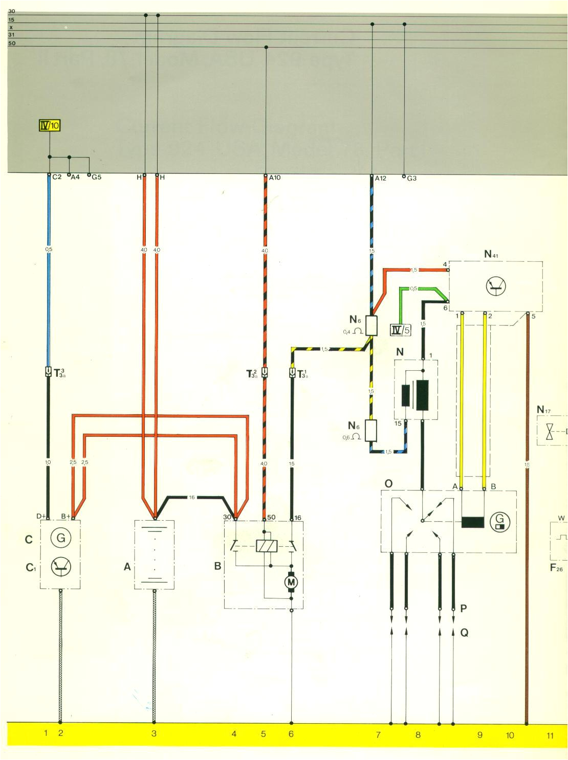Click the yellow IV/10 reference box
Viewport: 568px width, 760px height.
click(x=50, y=125)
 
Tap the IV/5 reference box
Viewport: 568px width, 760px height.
click(x=401, y=330)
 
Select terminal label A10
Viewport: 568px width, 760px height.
click(x=274, y=178)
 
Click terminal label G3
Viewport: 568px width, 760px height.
click(x=411, y=178)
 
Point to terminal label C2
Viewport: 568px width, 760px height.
click(x=57, y=177)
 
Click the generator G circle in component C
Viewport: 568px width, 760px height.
click(x=60, y=538)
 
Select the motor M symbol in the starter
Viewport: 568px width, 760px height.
click(x=291, y=583)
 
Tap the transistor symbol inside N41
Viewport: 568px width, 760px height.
click(x=494, y=287)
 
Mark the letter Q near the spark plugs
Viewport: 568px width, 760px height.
click(x=464, y=633)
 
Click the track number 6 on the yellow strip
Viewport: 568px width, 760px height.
click(x=291, y=734)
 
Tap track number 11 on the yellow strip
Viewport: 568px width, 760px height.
click(x=550, y=735)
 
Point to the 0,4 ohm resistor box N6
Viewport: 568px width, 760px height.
click(x=372, y=325)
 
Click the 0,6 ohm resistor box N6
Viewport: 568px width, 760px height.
click(x=372, y=430)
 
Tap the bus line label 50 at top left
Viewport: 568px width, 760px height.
click(x=11, y=43)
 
